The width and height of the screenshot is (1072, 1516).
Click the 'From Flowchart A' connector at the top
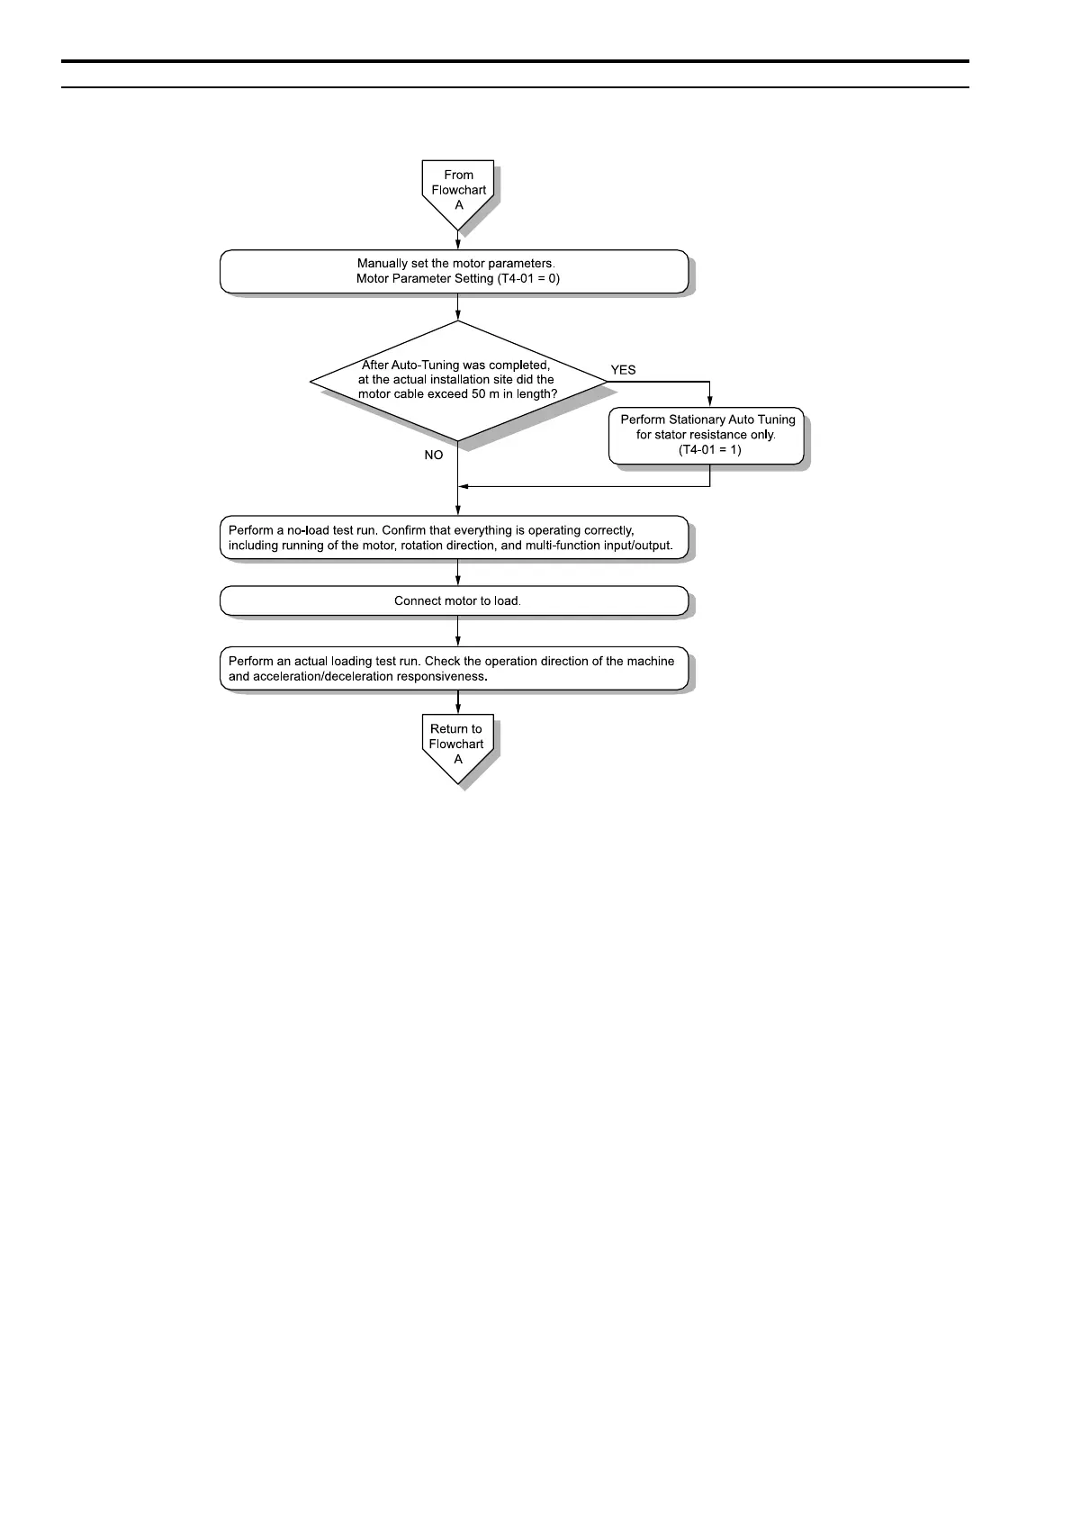[x=458, y=191]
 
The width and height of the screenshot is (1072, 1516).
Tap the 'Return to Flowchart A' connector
[x=457, y=745]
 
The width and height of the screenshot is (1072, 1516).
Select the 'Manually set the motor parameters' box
[x=455, y=271]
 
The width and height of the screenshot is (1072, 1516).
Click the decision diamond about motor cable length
[x=457, y=381]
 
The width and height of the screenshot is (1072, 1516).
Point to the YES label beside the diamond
[x=623, y=370]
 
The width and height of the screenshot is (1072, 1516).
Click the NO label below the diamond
[x=434, y=456]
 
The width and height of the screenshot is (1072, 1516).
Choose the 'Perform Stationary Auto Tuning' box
[x=707, y=435]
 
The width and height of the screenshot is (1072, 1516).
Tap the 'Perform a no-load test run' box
[x=455, y=537]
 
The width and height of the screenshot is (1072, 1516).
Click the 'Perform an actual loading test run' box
[x=455, y=668]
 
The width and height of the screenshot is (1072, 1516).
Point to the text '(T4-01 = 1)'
[x=709, y=449]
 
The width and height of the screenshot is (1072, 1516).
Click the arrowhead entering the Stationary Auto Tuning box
[x=710, y=402]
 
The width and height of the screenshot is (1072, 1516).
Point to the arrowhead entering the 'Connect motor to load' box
[x=458, y=582]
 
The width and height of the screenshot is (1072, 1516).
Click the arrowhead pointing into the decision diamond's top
[x=458, y=316]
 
